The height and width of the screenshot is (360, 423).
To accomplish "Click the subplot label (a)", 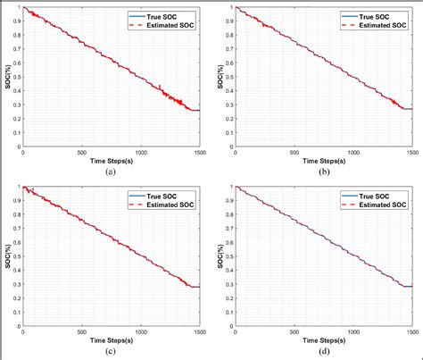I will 110,170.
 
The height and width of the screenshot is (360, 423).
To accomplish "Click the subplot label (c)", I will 110,351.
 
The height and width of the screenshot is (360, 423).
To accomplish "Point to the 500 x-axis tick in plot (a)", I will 81,152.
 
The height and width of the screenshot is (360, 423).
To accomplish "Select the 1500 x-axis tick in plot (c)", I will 200,332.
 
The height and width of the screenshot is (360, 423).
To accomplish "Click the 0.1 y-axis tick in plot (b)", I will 226,132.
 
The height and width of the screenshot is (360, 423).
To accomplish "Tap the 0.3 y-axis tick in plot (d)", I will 226,284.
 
